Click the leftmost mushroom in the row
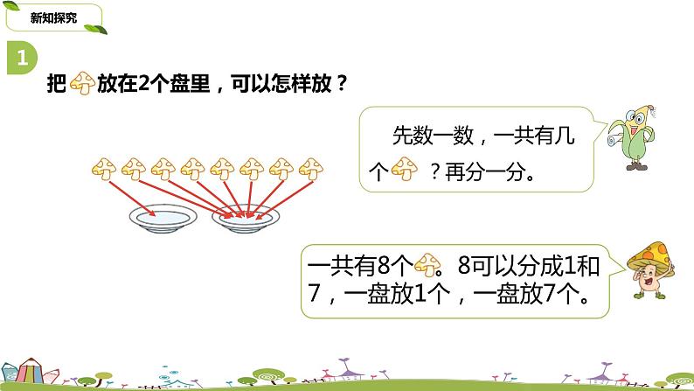tap(105, 166)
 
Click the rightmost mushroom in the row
tap(310, 166)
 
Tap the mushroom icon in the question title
tap(81, 84)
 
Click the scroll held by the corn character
tap(614, 135)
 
